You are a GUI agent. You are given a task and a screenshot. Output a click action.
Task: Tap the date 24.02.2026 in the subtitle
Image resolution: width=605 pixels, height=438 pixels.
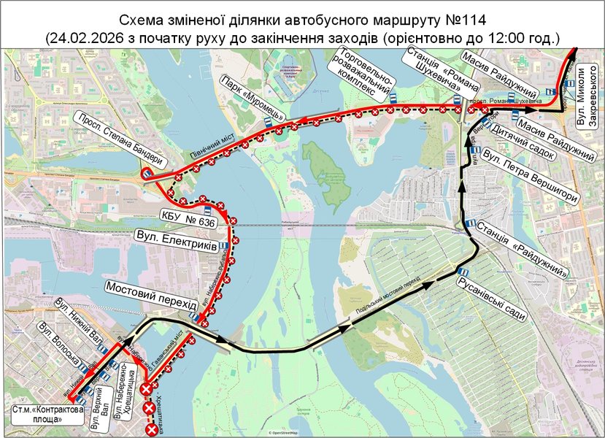click(84, 36)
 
